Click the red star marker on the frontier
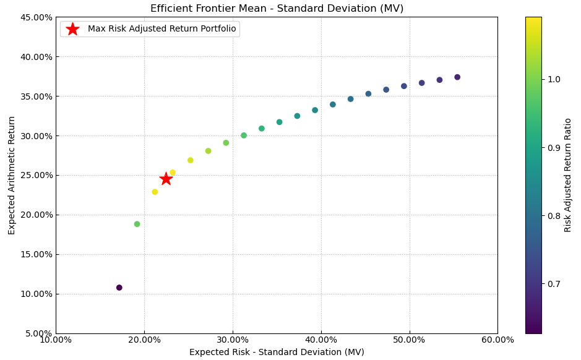point(166,179)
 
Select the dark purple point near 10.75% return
point(119,288)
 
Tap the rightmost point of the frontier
point(457,77)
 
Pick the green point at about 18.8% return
point(137,224)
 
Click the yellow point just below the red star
point(155,192)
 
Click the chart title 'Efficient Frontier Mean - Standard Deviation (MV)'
point(277,9)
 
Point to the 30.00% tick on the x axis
point(233,340)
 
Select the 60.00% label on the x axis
point(497,340)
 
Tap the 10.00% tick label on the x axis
point(56,340)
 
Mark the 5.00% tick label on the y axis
point(37,333)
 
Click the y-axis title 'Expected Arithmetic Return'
point(12,175)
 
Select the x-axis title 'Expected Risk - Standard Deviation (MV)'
point(277,352)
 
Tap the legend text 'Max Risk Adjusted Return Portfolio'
point(161,29)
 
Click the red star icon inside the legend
point(72,29)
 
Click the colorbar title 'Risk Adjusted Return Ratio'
point(568,175)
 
